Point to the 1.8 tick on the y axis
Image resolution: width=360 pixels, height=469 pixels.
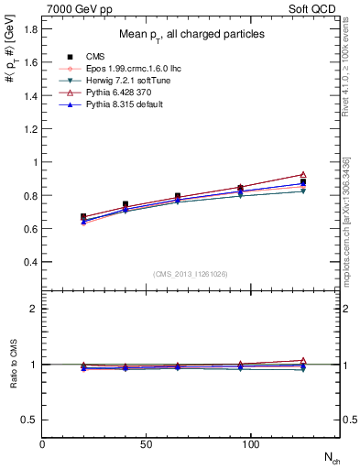point(30,29)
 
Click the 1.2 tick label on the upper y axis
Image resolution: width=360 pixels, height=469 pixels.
point(30,129)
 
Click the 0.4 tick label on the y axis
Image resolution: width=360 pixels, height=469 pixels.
point(30,262)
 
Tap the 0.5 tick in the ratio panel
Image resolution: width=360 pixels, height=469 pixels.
point(30,420)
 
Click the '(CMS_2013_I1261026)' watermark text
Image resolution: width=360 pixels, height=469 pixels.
point(191,274)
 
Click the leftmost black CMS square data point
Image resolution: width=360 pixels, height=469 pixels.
point(83,217)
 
